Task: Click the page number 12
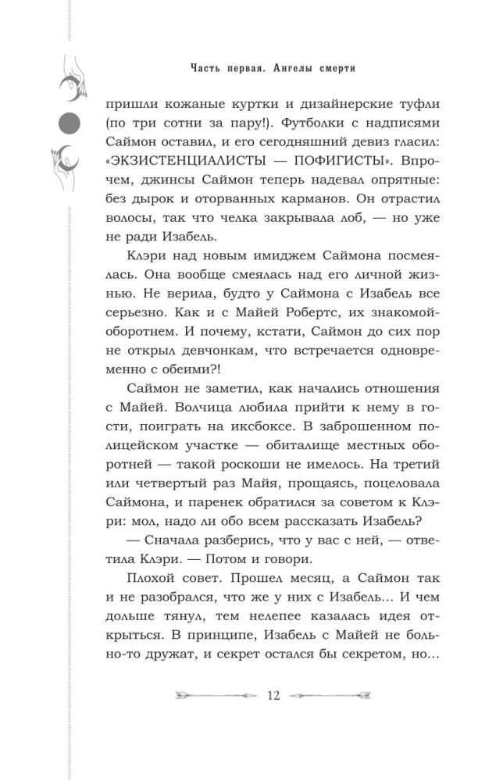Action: [273, 696]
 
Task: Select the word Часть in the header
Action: [206, 69]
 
